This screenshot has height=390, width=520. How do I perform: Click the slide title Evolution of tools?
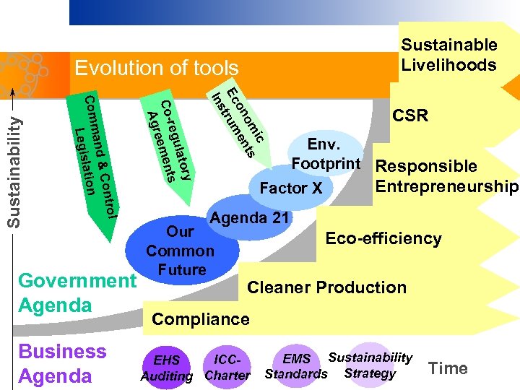pos(157,69)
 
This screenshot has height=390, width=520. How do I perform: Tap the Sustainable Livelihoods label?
pos(448,55)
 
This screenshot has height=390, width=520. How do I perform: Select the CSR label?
pos(409,116)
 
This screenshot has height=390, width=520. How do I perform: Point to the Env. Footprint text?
pos(326,153)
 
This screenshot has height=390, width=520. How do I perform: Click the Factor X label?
pos(291,188)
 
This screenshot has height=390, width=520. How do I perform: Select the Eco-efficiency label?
pos(383,238)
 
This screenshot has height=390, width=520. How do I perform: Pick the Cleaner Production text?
pos(326,287)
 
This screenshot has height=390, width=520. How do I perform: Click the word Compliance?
pos(201,319)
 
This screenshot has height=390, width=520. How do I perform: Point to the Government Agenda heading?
pos(77,292)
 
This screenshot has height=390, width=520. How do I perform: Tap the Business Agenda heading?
pos(62,363)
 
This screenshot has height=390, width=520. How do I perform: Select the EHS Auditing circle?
pos(167,367)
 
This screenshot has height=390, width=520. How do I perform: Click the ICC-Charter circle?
pos(227,367)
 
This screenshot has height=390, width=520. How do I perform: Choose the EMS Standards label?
pos(296,366)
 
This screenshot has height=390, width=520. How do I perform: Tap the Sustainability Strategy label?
pos(370,365)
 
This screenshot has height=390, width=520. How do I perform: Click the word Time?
pos(448,368)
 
